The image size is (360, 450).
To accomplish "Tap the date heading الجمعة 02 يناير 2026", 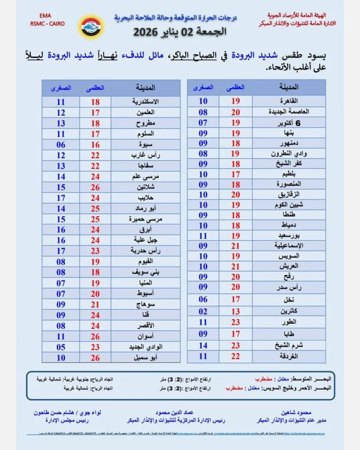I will point(180,32).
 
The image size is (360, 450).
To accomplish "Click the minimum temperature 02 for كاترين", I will point(203,312).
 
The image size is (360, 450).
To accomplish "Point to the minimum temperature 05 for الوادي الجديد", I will point(61,347).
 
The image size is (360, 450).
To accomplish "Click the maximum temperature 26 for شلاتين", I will point(95,187).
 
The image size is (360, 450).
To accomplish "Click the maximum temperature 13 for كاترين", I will point(235,312).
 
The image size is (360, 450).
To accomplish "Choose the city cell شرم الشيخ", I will point(288,345).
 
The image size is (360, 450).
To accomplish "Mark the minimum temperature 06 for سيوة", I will point(61,145).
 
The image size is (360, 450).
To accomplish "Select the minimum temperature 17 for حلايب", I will point(61,198).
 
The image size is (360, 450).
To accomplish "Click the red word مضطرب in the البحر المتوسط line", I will point(264,378).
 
